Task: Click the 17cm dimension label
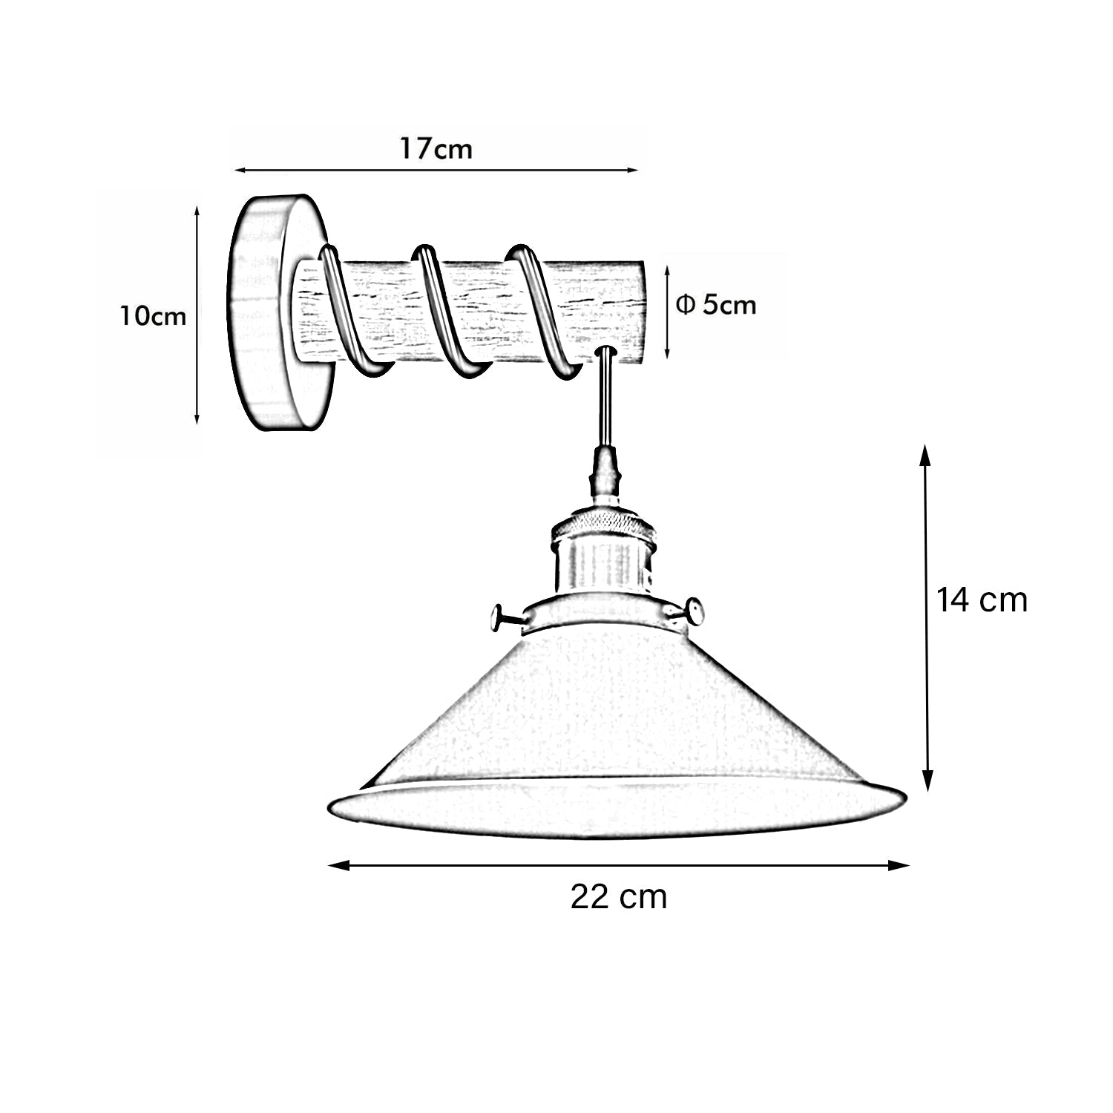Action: click(436, 149)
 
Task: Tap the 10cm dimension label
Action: click(154, 317)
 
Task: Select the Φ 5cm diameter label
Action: click(716, 305)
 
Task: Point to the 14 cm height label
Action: click(981, 600)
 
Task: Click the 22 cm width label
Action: click(618, 897)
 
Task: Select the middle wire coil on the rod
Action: click(445, 312)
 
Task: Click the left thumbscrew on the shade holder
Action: click(505, 617)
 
